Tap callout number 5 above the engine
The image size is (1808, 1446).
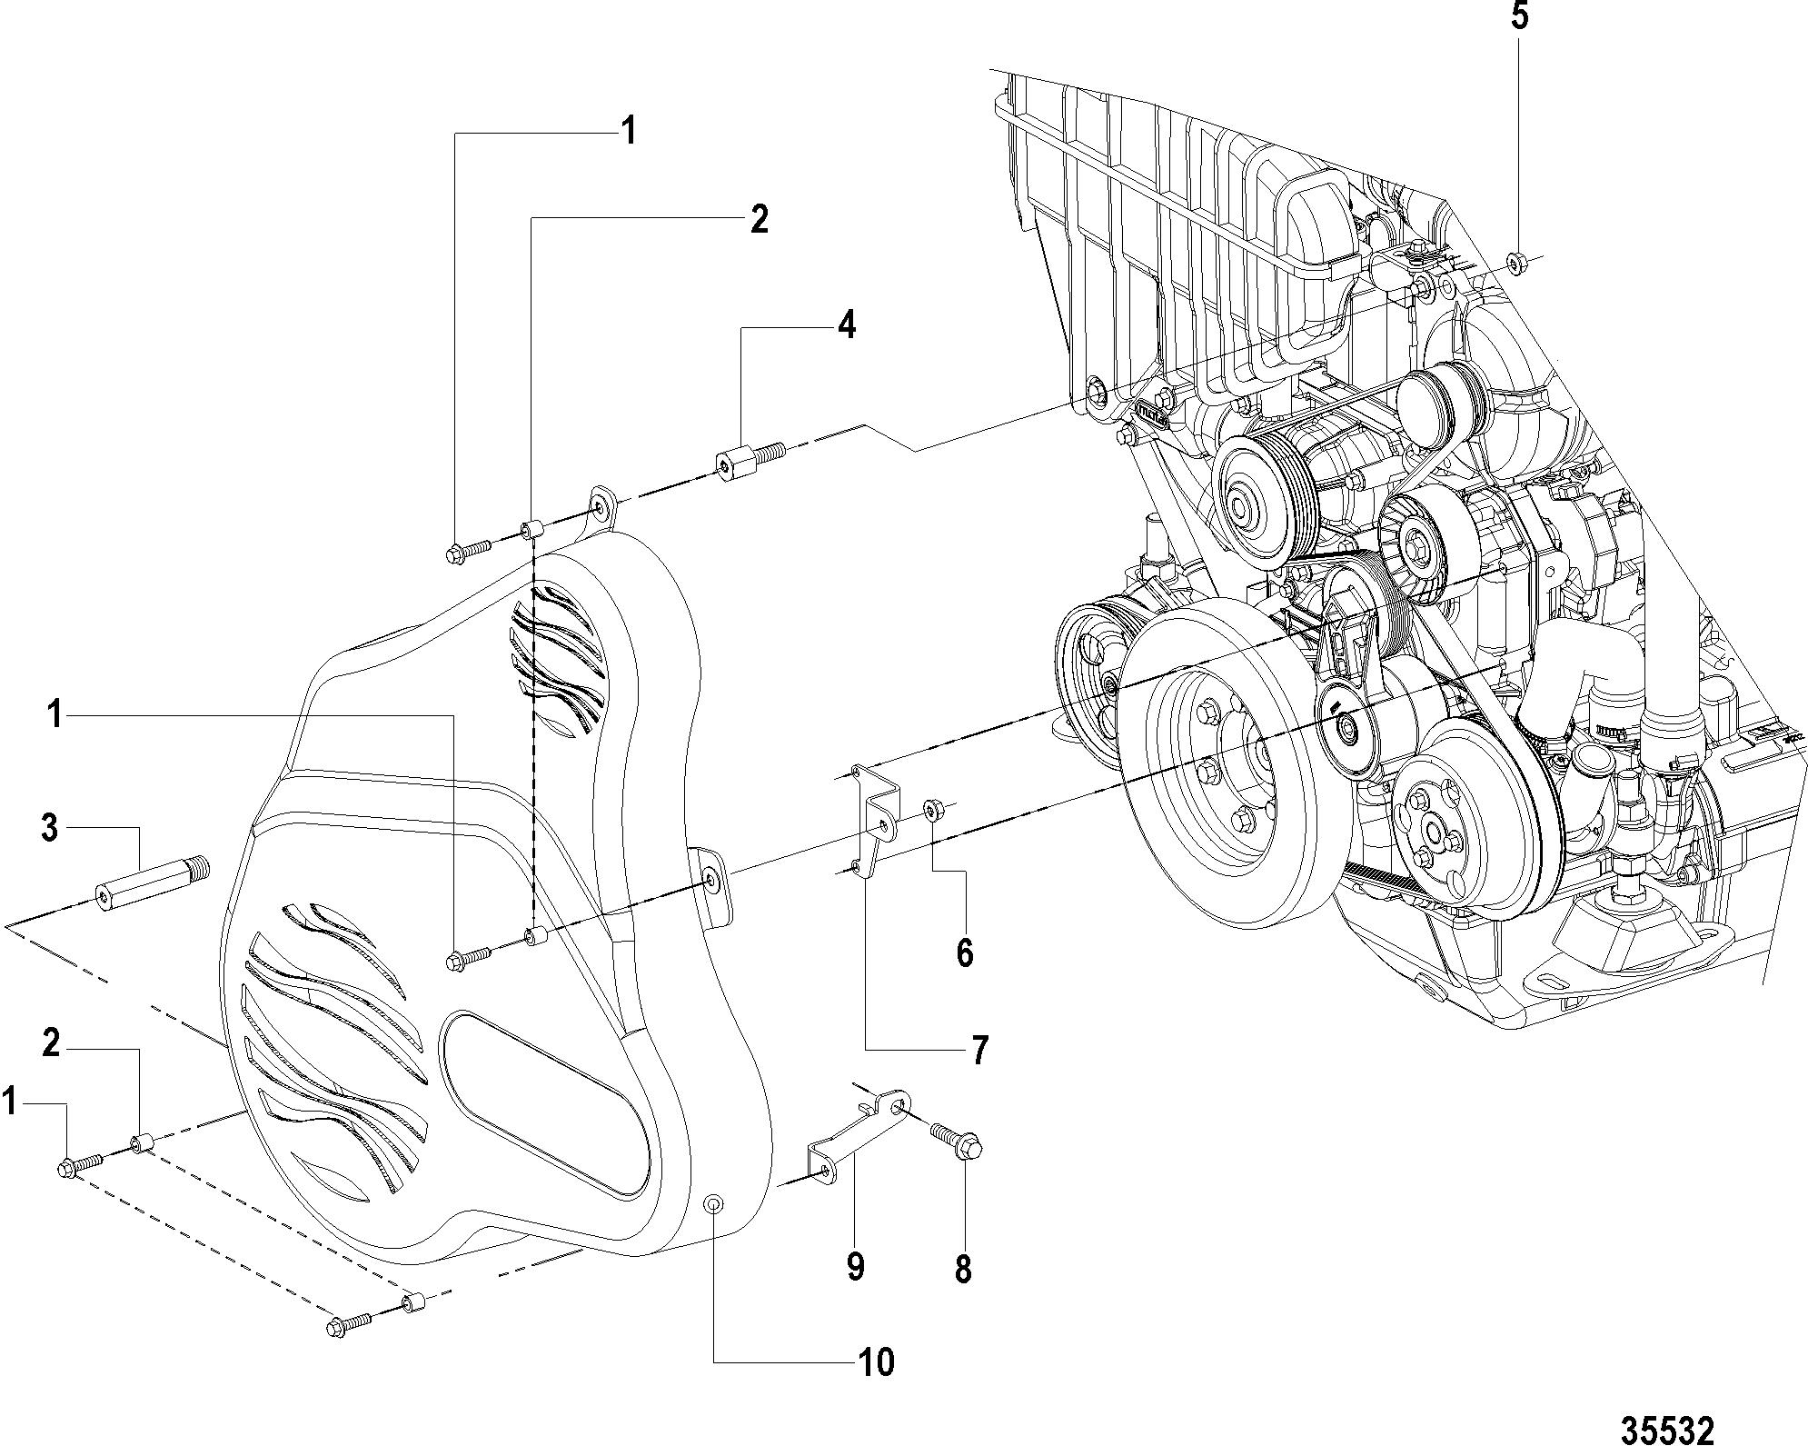pyautogui.click(x=1518, y=18)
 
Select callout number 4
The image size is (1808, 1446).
pyautogui.click(x=846, y=324)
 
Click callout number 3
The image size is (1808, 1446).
pyautogui.click(x=50, y=829)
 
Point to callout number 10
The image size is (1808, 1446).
pyautogui.click(x=878, y=1361)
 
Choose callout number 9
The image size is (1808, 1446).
pyautogui.click(x=855, y=1266)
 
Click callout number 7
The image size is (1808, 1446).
pyautogui.click(x=978, y=1052)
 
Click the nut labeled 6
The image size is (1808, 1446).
pyautogui.click(x=934, y=809)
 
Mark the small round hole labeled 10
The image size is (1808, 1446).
pyautogui.click(x=714, y=1205)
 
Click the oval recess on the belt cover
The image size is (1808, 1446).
pyautogui.click(x=545, y=1100)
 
